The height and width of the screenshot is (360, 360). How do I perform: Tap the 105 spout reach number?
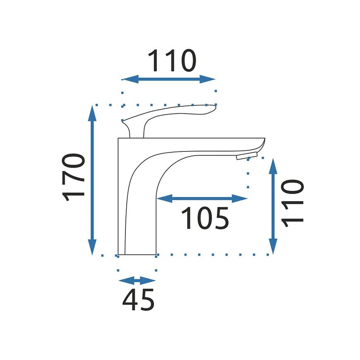(205, 218)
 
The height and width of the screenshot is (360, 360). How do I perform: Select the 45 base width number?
(138, 300)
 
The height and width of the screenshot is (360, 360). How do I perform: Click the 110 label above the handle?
(172, 60)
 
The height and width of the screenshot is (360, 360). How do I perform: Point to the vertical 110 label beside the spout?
(292, 203)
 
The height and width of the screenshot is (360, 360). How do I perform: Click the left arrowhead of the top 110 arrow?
(130, 79)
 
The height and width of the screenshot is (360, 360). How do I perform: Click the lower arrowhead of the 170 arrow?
(92, 247)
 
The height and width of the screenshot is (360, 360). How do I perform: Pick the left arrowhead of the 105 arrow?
(164, 199)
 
